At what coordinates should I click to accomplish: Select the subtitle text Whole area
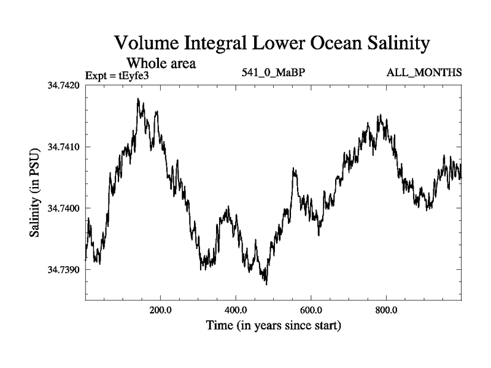coord(161,63)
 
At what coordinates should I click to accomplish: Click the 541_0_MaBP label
coord(274,73)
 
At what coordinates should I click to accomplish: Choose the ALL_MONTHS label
coord(423,73)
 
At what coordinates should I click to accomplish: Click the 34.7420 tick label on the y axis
coord(64,85)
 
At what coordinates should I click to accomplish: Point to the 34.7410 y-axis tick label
coord(64,147)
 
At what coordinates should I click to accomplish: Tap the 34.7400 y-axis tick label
coord(64,209)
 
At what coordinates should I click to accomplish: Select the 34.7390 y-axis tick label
coord(64,270)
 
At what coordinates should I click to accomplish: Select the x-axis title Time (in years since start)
coord(273,324)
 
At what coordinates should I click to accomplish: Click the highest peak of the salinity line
coord(138,99)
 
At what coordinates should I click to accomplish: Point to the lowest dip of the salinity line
coord(266,284)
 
